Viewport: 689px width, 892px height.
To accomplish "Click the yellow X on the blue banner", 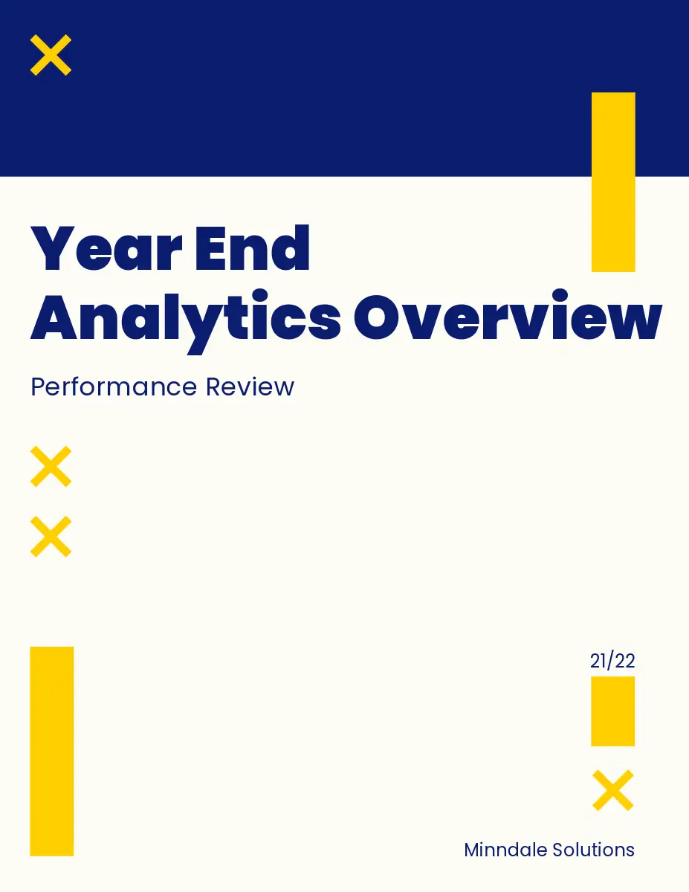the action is point(51,55).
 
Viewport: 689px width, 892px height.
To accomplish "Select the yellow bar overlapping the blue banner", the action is point(613,182).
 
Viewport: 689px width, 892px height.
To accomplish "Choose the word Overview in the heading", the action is point(508,315).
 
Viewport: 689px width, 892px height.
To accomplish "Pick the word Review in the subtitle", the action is point(250,387).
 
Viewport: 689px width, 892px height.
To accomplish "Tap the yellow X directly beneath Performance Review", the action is point(51,466).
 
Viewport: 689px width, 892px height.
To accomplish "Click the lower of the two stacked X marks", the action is point(51,537).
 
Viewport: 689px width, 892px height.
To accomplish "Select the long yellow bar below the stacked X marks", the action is point(52,752).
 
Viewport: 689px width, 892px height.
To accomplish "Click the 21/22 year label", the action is point(612,661).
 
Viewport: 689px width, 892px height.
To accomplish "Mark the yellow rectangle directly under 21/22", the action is point(612,711).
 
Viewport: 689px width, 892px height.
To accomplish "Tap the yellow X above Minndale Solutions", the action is point(613,791).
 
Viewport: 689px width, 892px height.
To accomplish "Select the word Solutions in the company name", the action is point(593,850).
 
